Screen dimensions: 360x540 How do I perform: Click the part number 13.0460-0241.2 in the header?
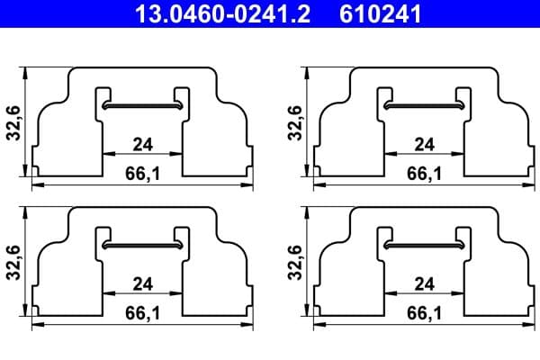[x=221, y=13]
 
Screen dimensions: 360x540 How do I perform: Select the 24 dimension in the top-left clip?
[x=142, y=144]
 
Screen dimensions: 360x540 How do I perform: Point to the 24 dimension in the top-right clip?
[x=424, y=144]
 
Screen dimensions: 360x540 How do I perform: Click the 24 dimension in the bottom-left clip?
[x=142, y=283]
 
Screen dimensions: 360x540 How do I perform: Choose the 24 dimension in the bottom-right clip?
[x=424, y=283]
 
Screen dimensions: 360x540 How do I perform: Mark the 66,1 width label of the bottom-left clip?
[x=142, y=314]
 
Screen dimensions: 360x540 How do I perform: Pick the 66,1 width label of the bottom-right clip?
[x=424, y=314]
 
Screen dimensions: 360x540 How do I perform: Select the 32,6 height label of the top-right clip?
[x=294, y=122]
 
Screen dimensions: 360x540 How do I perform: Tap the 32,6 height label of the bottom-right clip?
[x=294, y=263]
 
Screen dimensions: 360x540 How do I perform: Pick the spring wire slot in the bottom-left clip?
[x=143, y=246]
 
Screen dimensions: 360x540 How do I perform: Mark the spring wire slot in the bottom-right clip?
[x=424, y=246]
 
